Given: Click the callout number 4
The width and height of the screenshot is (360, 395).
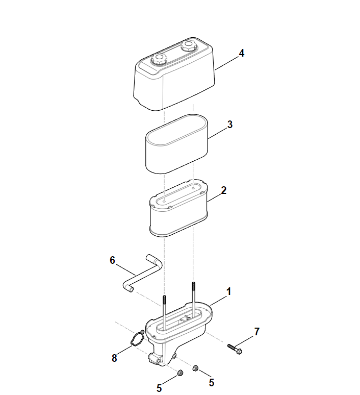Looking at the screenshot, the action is pyautogui.click(x=241, y=54).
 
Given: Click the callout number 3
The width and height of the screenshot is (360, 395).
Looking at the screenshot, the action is pyautogui.click(x=230, y=125).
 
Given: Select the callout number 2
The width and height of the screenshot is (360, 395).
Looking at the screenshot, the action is pyautogui.click(x=223, y=190).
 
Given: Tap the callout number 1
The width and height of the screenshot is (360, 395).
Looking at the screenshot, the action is pyautogui.click(x=228, y=292).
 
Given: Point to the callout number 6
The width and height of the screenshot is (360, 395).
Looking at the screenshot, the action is pyautogui.click(x=112, y=260).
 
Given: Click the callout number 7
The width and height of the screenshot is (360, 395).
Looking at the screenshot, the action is pyautogui.click(x=256, y=332).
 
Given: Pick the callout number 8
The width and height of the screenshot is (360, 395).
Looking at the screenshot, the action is pyautogui.click(x=114, y=358).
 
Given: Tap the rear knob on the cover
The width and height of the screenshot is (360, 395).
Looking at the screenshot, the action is pyautogui.click(x=188, y=45).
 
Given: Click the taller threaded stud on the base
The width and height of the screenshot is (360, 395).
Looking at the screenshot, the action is pyautogui.click(x=193, y=299).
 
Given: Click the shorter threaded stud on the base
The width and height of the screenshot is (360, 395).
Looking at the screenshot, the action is pyautogui.click(x=164, y=312).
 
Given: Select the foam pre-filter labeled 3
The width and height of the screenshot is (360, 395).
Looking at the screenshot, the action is pyautogui.click(x=177, y=144).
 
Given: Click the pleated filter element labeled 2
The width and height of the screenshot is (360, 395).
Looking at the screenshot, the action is pyautogui.click(x=178, y=209).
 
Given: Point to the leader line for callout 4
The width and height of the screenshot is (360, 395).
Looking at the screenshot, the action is pyautogui.click(x=226, y=63).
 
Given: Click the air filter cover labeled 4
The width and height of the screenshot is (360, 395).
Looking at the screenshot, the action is pyautogui.click(x=174, y=74).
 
